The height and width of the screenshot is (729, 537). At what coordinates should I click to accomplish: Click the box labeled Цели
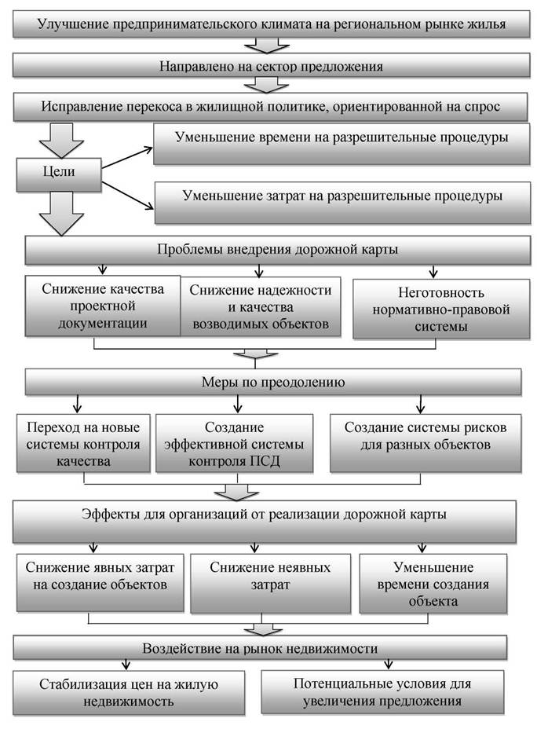[59, 174]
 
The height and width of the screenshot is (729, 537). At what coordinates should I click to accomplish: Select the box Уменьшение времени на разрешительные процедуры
[342, 144]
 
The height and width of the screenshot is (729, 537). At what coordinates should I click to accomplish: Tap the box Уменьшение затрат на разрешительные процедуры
[342, 202]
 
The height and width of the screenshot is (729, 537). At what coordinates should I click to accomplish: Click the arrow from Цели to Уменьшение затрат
[128, 196]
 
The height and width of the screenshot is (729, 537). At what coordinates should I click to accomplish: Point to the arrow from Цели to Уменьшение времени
[127, 158]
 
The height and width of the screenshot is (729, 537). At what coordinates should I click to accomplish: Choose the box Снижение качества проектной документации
[103, 306]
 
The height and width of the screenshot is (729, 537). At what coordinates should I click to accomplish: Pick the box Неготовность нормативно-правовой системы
[441, 308]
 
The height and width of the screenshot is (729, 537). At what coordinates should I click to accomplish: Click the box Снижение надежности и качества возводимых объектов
[261, 306]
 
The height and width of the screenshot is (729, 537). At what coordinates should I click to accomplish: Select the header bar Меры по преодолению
[273, 382]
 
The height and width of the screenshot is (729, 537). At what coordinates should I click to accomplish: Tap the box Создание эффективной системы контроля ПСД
[234, 444]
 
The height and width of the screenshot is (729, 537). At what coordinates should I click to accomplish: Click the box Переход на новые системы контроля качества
[84, 444]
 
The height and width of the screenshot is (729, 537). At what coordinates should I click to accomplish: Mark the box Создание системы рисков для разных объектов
[426, 444]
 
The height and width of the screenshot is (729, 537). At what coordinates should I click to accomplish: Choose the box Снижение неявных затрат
[270, 584]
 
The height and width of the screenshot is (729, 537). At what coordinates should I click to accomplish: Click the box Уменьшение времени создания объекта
[433, 584]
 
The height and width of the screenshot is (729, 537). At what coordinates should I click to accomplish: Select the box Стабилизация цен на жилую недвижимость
[129, 693]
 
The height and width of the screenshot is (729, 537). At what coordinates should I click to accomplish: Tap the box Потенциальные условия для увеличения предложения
[382, 692]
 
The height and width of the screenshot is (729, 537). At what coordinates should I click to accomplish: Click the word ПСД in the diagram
[267, 461]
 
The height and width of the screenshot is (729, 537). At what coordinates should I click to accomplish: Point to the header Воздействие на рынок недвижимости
[260, 648]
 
